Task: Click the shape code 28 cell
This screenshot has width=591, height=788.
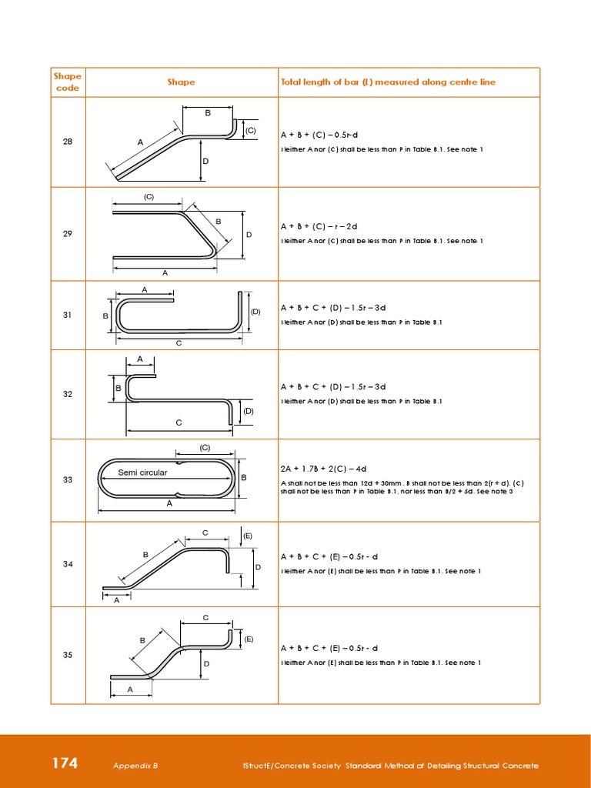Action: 68,142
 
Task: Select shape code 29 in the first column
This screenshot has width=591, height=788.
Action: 68,234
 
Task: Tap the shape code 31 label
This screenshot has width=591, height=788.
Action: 68,316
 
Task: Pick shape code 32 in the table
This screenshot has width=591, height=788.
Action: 68,394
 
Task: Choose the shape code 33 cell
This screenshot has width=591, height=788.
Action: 68,480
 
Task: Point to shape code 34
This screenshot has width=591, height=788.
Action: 68,564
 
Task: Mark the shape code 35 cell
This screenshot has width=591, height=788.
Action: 68,655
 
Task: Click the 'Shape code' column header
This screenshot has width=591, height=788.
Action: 68,82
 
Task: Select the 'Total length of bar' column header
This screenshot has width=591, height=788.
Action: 388,82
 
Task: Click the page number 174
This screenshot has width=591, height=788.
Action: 65,763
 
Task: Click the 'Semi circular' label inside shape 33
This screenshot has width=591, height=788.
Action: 142,472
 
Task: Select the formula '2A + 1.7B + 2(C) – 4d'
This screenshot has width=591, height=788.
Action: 323,469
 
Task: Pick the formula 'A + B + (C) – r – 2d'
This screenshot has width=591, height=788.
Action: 319,226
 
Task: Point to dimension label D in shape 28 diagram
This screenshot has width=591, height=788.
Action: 205,162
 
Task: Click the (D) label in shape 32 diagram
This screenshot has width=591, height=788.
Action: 249,411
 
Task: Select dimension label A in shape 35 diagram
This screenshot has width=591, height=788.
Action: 130,689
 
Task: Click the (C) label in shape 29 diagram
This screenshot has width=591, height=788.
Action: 149,197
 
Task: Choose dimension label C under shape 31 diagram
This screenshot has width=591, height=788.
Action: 179,342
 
